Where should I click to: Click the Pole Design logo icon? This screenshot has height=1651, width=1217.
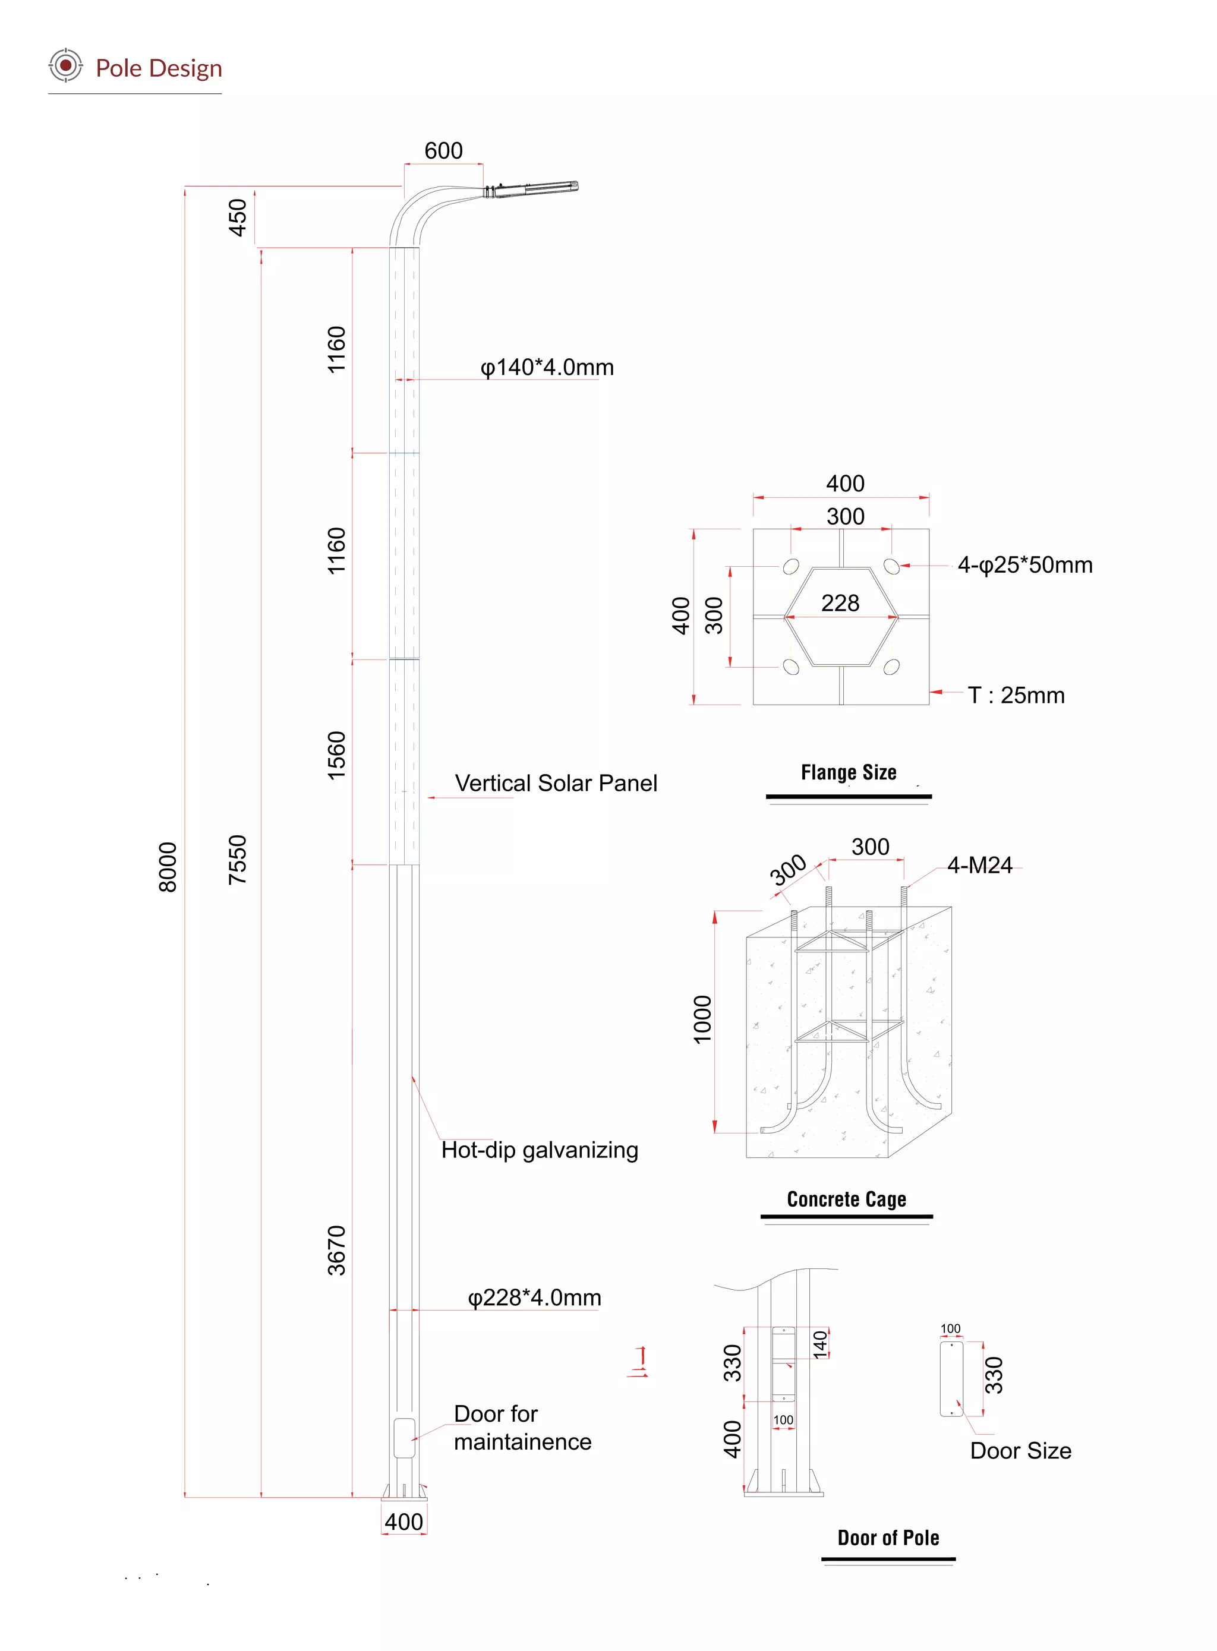pyautogui.click(x=65, y=65)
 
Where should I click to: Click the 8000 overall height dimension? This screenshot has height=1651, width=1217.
pyautogui.click(x=168, y=867)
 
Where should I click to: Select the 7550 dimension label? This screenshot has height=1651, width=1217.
pyautogui.click(x=237, y=860)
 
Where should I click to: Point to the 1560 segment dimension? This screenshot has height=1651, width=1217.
pyautogui.click(x=337, y=755)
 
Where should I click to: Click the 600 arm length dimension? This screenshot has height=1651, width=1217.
pyautogui.click(x=443, y=151)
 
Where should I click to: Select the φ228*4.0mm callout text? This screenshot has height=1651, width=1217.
pyautogui.click(x=534, y=1297)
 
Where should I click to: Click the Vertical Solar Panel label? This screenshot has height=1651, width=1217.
pyautogui.click(x=556, y=783)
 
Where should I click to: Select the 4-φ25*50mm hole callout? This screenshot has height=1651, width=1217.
pyautogui.click(x=1024, y=565)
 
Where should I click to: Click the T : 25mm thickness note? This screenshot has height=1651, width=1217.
pyautogui.click(x=1016, y=695)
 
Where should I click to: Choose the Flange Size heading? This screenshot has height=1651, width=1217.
pyautogui.click(x=849, y=772)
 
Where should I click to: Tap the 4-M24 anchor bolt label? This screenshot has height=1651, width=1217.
pyautogui.click(x=980, y=865)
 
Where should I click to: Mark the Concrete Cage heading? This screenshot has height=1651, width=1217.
pyautogui.click(x=846, y=1199)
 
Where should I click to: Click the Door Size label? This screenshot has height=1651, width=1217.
pyautogui.click(x=1020, y=1450)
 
